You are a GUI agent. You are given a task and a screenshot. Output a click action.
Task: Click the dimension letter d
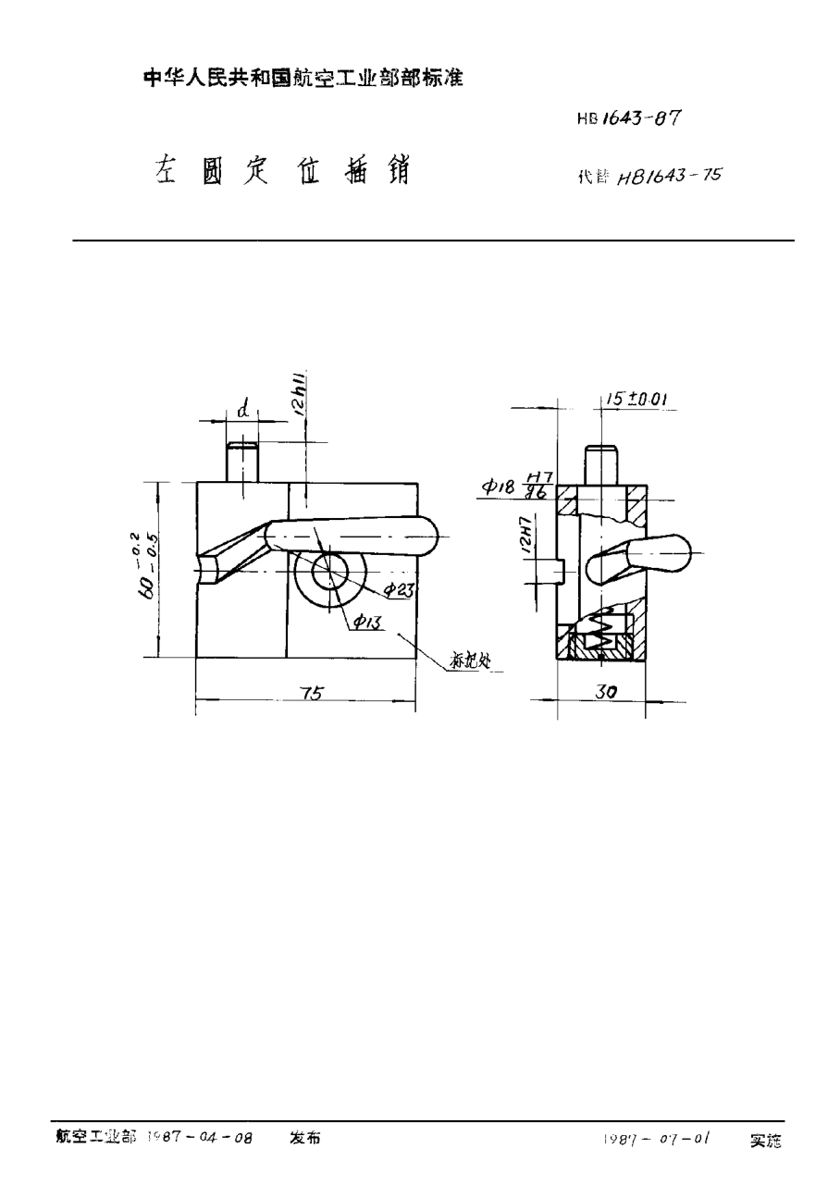[x=241, y=409]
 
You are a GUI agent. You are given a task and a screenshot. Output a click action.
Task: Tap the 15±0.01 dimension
[x=639, y=399]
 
